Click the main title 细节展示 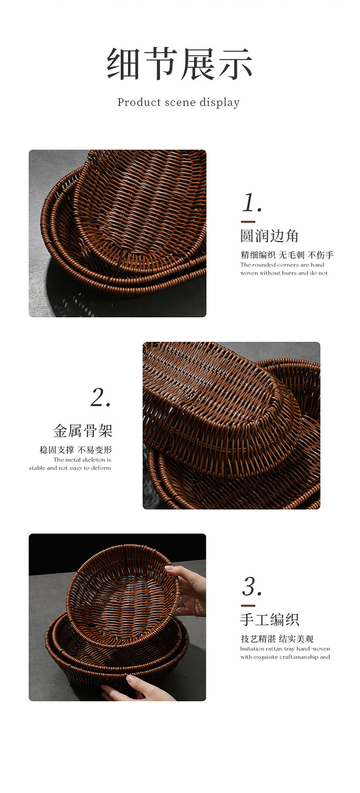180,64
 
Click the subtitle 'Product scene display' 179,103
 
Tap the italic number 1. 252,203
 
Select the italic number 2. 101,398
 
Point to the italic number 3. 252,586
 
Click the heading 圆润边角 269,236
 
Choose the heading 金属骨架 83,431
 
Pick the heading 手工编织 269,620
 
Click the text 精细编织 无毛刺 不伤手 287,255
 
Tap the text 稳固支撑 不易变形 75,450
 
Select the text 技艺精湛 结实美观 277,639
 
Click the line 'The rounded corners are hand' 282,265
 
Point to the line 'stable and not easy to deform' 70,468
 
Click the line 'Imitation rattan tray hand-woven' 285,649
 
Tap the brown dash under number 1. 248,222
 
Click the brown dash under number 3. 248,605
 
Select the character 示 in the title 235,64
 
